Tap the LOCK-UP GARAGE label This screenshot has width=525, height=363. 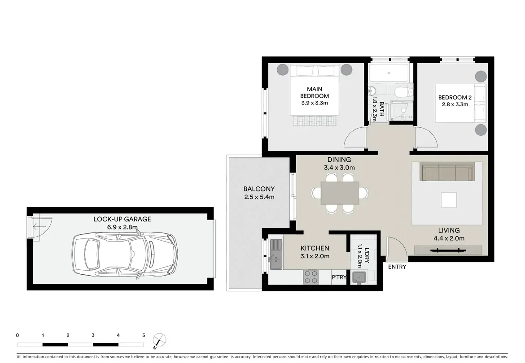[122, 219]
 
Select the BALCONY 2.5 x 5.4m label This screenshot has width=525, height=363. [259, 193]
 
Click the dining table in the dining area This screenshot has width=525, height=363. [340, 193]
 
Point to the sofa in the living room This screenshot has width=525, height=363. [447, 172]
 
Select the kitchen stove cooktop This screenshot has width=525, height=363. [311, 277]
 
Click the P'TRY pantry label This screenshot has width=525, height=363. [339, 277]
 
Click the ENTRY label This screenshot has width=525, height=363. [397, 267]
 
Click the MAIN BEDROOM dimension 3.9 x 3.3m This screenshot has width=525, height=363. [315, 103]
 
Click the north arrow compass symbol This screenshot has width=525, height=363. [158, 340]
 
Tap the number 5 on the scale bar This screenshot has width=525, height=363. [144, 335]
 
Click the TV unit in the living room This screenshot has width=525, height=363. [448, 250]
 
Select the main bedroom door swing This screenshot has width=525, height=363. [354, 138]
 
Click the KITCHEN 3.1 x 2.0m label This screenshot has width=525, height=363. [315, 252]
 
